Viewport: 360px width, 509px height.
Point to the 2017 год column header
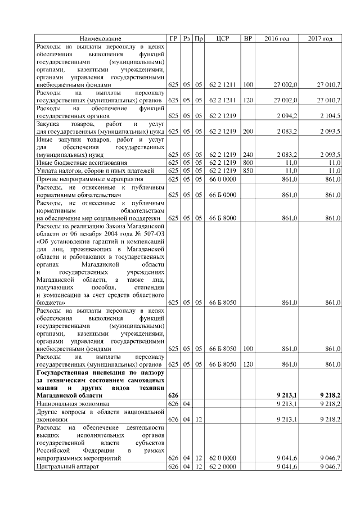(x=320, y=38)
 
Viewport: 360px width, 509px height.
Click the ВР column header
(x=248, y=38)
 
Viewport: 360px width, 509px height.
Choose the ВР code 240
(x=248, y=154)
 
